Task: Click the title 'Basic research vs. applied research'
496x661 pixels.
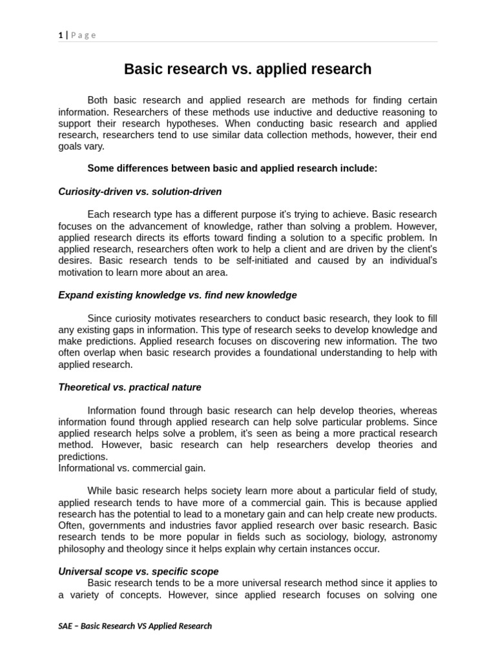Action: click(247, 69)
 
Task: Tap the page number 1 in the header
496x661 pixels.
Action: click(61, 35)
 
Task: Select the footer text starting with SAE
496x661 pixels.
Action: click(135, 625)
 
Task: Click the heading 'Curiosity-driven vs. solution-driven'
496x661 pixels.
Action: click(139, 191)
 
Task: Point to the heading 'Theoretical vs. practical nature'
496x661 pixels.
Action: click(129, 387)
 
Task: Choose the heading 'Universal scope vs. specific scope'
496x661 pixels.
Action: click(138, 571)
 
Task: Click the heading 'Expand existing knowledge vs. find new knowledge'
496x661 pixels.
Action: click(178, 295)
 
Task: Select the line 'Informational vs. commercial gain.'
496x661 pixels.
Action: click(132, 468)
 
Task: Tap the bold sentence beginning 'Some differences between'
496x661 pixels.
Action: click(232, 168)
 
